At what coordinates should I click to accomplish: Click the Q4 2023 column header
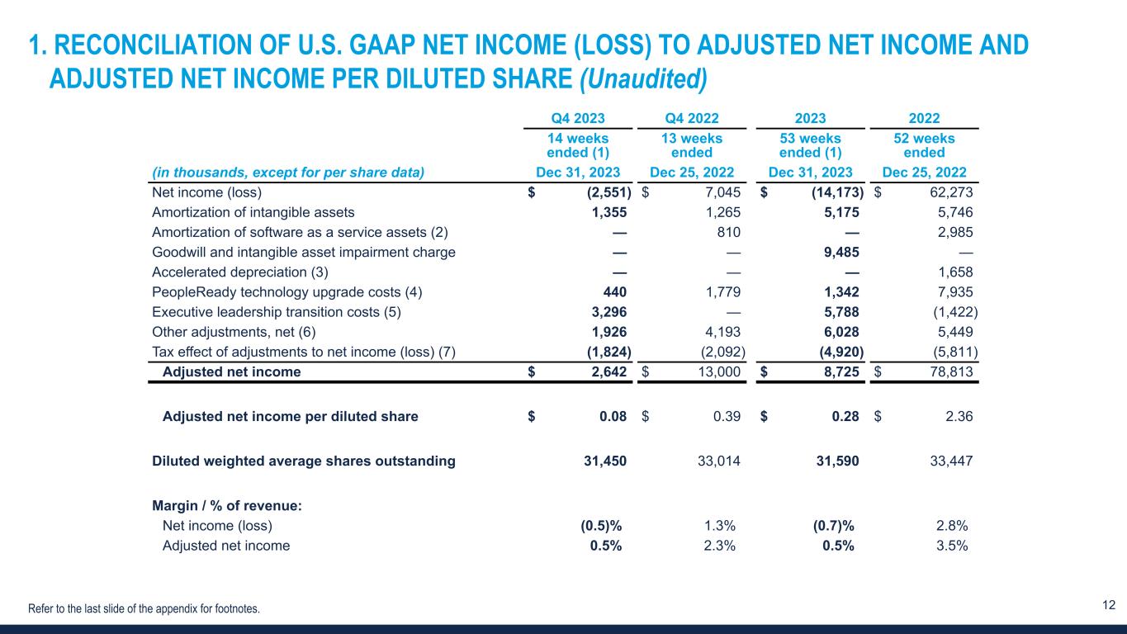coord(578,118)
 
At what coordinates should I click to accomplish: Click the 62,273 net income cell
coord(949,193)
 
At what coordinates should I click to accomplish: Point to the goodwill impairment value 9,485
coord(838,253)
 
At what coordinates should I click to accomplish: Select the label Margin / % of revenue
coord(227,505)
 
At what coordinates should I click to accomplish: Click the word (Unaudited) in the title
coord(643,78)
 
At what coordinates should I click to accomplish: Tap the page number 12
coord(1109,606)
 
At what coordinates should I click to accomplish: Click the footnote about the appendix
coord(144,609)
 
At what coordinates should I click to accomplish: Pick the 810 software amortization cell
coord(727,233)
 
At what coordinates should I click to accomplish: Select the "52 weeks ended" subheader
coord(924,145)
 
